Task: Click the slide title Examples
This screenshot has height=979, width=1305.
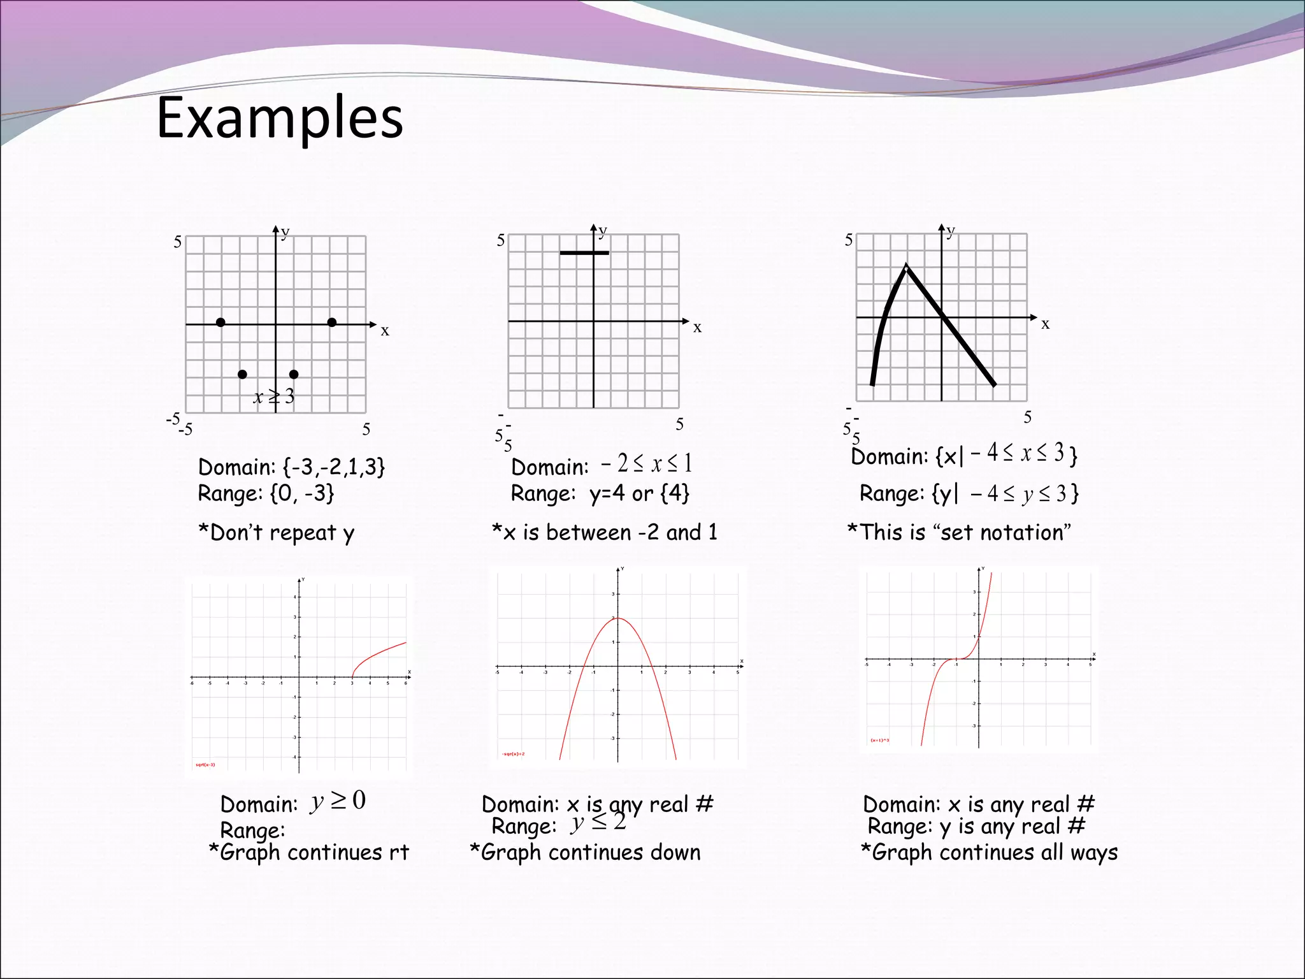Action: pos(280,117)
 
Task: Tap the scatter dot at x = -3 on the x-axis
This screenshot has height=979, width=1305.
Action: pos(220,323)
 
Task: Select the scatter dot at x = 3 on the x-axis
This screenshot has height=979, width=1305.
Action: pos(332,323)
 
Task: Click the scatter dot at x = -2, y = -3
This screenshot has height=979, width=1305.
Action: pos(242,374)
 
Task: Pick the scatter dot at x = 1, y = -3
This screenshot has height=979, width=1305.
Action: pos(294,374)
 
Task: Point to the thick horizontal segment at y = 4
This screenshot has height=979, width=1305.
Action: pos(584,253)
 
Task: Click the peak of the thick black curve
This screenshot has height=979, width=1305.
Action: pos(906,266)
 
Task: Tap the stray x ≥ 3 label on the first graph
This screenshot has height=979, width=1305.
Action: pos(274,396)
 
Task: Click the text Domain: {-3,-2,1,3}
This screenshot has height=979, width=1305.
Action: pos(291,467)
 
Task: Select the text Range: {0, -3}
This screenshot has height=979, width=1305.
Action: pos(266,493)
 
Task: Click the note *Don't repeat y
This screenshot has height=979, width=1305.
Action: pos(276,533)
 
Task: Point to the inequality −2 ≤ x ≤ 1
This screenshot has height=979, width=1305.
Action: pos(646,463)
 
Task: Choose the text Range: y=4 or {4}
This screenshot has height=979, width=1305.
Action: pos(600,493)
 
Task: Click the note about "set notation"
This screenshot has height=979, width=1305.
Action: pos(959,532)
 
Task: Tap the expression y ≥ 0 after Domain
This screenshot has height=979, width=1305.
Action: pos(338,801)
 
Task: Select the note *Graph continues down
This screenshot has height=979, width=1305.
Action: pos(585,852)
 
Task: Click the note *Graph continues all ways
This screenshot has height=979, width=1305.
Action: pos(989,852)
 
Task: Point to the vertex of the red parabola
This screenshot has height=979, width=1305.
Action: pos(617,618)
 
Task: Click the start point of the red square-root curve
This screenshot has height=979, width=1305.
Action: pos(352,677)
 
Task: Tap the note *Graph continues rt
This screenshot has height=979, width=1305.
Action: pos(309,852)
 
